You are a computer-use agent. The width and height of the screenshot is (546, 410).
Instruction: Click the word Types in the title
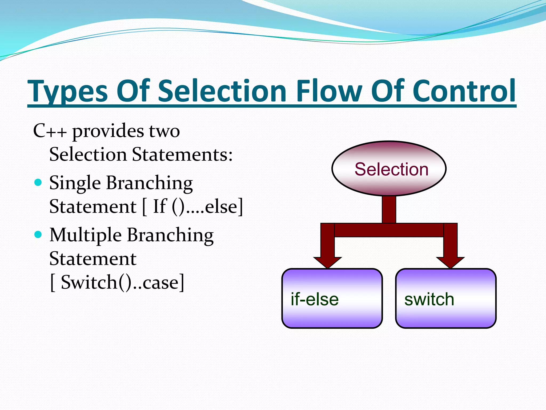(68, 91)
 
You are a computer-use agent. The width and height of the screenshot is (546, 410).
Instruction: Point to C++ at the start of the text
(50, 131)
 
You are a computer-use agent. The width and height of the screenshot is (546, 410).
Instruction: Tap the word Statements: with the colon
(182, 155)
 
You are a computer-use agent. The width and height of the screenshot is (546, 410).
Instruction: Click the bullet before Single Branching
(38, 183)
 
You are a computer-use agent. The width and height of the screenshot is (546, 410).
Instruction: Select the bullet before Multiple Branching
(38, 235)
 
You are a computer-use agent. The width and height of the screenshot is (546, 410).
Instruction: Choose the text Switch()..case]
(122, 282)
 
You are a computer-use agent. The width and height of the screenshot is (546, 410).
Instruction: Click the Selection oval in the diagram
(389, 169)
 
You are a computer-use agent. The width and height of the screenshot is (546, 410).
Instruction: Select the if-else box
(332, 298)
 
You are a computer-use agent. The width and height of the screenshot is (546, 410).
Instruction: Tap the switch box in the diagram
(446, 298)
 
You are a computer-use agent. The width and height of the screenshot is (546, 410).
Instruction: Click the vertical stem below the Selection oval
(389, 210)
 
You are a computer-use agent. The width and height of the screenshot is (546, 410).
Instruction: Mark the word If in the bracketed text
(159, 206)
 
